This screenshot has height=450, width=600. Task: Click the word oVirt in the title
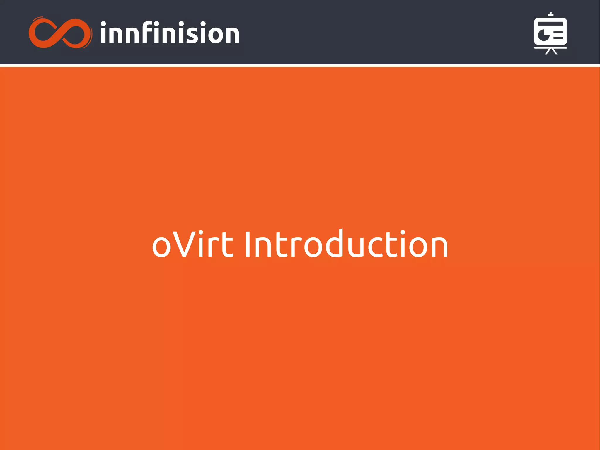coord(192,244)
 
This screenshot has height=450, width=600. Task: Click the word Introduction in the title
coord(346,244)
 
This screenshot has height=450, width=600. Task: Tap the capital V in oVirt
coord(184,244)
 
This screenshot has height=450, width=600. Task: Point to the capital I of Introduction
coord(248,244)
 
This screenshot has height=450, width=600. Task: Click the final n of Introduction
coord(437,248)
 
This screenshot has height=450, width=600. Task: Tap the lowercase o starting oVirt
coord(161,248)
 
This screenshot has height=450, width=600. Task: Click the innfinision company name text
coord(170,33)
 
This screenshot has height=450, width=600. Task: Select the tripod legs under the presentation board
coord(551,51)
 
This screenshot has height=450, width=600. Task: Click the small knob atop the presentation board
coord(551,14)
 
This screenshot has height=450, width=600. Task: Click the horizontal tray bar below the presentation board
coord(550,47)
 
